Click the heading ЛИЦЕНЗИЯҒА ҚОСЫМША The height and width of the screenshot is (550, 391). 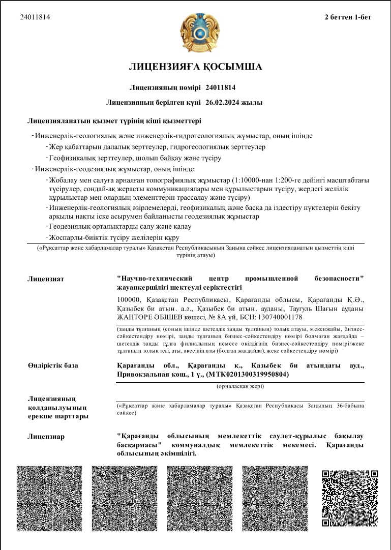click(x=195, y=67)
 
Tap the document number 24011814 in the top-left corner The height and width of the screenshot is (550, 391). click(x=35, y=17)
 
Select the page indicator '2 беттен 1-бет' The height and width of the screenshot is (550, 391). click(x=348, y=17)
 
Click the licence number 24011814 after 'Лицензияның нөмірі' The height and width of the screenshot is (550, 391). click(x=221, y=87)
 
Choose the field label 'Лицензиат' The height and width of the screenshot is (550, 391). click(x=46, y=279)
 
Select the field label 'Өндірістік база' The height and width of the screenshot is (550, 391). click(x=53, y=365)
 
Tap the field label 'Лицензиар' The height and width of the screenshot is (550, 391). click(x=46, y=436)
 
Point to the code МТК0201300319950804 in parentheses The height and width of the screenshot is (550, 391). click(x=247, y=375)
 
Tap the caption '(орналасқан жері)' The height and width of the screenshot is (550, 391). click(x=240, y=387)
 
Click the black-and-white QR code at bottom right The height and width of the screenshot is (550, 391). click(x=350, y=498)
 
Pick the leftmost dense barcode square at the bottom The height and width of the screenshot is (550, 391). click(x=49, y=498)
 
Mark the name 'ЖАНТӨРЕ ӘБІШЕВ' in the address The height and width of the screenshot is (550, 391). click(x=148, y=317)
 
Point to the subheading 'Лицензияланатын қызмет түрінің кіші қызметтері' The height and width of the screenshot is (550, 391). click(x=114, y=121)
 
